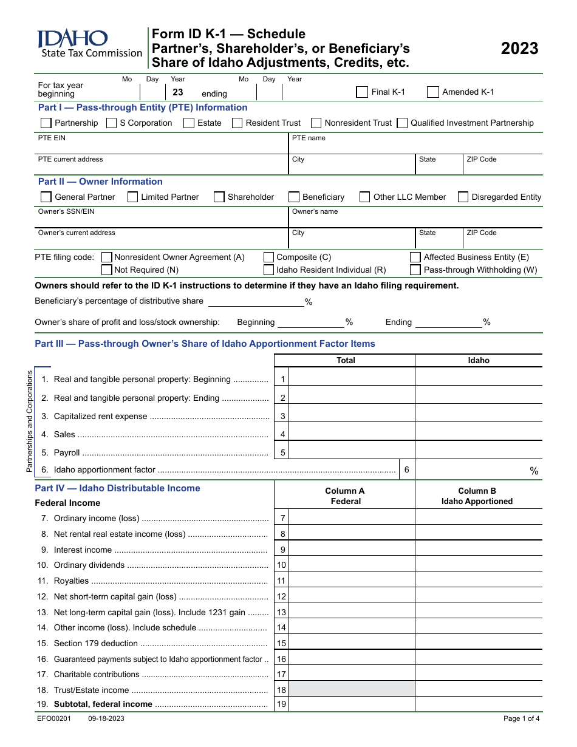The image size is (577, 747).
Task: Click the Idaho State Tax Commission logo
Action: click(89, 45)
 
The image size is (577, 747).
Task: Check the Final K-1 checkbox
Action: click(362, 92)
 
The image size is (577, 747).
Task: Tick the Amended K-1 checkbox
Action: click(433, 92)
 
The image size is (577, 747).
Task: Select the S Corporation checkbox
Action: click(111, 123)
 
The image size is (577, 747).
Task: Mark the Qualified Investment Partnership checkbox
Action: click(402, 123)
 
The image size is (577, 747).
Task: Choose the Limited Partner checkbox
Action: click(132, 197)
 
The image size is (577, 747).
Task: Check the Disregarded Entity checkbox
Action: click(463, 197)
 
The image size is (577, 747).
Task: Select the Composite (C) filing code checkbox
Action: click(268, 258)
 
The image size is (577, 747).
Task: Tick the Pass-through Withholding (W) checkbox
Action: click(415, 270)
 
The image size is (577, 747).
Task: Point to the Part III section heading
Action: click(205, 344)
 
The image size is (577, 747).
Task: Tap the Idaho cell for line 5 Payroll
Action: click(479, 452)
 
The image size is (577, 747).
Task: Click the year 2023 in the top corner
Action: click(519, 49)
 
